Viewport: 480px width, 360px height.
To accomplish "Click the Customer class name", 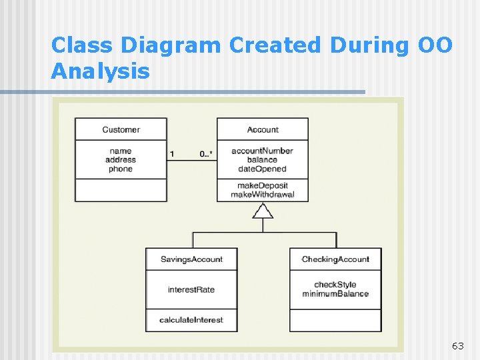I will pos(121,129).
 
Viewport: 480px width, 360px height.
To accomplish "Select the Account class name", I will pos(263,129).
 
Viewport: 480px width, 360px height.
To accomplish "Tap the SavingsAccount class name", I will pos(191,259).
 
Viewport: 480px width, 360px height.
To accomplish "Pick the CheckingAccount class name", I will pos(335,259).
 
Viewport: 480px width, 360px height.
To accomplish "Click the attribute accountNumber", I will pos(262,151).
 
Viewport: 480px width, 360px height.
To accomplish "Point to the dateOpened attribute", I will pos(262,169).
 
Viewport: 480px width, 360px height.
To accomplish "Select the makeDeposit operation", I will pos(262,185).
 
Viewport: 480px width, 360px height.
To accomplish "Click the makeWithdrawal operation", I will pos(262,195).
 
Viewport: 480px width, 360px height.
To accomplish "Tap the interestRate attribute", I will pos(191,289).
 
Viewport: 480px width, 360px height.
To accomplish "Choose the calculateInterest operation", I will pos(191,320).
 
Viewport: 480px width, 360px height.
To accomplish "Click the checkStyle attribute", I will pos(335,285).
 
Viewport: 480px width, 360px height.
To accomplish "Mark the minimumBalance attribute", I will pos(335,294).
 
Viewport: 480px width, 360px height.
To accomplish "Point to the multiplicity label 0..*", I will pos(206,155).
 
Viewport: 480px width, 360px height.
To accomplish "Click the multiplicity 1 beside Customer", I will pos(172,155).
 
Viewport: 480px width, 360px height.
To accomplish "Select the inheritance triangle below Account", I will pos(263,211).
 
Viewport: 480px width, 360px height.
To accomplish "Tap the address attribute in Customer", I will pos(121,160).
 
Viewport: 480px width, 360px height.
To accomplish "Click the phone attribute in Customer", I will pos(121,169).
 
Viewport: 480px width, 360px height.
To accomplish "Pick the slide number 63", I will pos(457,346).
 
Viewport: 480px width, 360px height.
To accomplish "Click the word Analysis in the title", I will pos(101,70).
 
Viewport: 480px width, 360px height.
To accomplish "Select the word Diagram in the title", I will pos(179,45).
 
